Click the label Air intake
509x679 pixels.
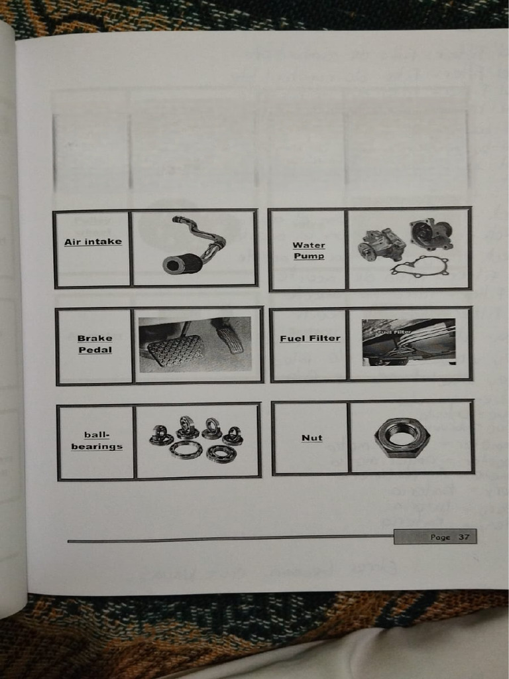click(x=93, y=241)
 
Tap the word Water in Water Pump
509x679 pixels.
click(x=309, y=245)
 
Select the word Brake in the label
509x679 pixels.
click(x=95, y=338)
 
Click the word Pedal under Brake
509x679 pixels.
click(x=95, y=349)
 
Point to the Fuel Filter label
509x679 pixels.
click(x=310, y=338)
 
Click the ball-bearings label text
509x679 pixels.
click(x=97, y=440)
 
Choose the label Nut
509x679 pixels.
click(x=311, y=438)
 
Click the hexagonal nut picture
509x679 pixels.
click(x=402, y=438)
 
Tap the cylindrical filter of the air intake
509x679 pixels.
click(x=182, y=264)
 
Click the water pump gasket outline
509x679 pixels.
click(x=419, y=267)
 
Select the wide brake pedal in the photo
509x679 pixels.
click(x=175, y=350)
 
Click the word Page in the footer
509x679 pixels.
click(x=439, y=537)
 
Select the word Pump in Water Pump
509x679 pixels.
click(x=309, y=256)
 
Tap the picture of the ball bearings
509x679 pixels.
click(x=196, y=439)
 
